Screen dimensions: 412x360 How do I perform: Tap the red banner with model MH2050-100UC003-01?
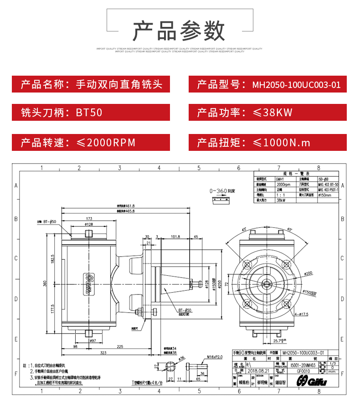pyautogui.click(x=267, y=84)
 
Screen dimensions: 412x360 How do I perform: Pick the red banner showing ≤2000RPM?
pyautogui.click(x=91, y=142)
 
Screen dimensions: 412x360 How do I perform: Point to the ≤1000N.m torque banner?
pyautogui.click(x=267, y=142)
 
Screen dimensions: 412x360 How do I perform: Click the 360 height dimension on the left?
pyautogui.click(x=45, y=283)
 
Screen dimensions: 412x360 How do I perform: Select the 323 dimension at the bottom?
pyautogui.click(x=103, y=352)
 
